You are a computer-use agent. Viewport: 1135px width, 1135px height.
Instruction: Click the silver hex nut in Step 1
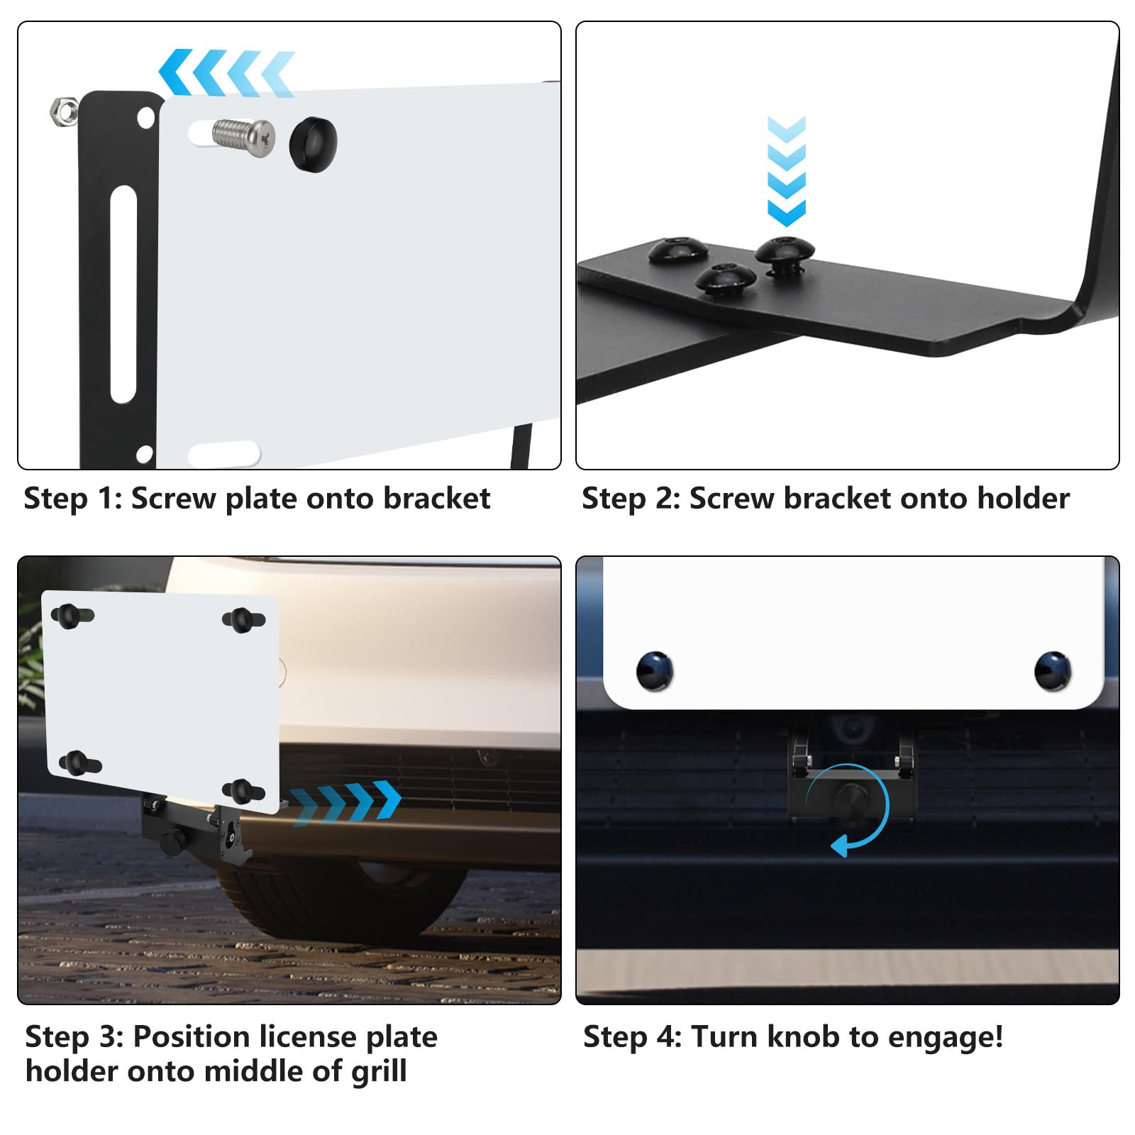pyautogui.click(x=65, y=111)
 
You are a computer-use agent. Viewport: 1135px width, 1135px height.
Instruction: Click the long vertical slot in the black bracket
pyautogui.click(x=123, y=294)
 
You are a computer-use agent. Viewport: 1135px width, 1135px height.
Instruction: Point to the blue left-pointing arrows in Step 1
pyautogui.click(x=226, y=72)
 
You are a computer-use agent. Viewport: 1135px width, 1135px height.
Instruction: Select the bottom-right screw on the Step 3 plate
pyautogui.click(x=243, y=790)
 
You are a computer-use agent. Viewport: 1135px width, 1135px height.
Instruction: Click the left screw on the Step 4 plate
pyautogui.click(x=655, y=670)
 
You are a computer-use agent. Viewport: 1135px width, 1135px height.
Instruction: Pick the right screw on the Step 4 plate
pyautogui.click(x=1053, y=670)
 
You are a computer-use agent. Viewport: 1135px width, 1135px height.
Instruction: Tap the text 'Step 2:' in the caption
pyautogui.click(x=631, y=498)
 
